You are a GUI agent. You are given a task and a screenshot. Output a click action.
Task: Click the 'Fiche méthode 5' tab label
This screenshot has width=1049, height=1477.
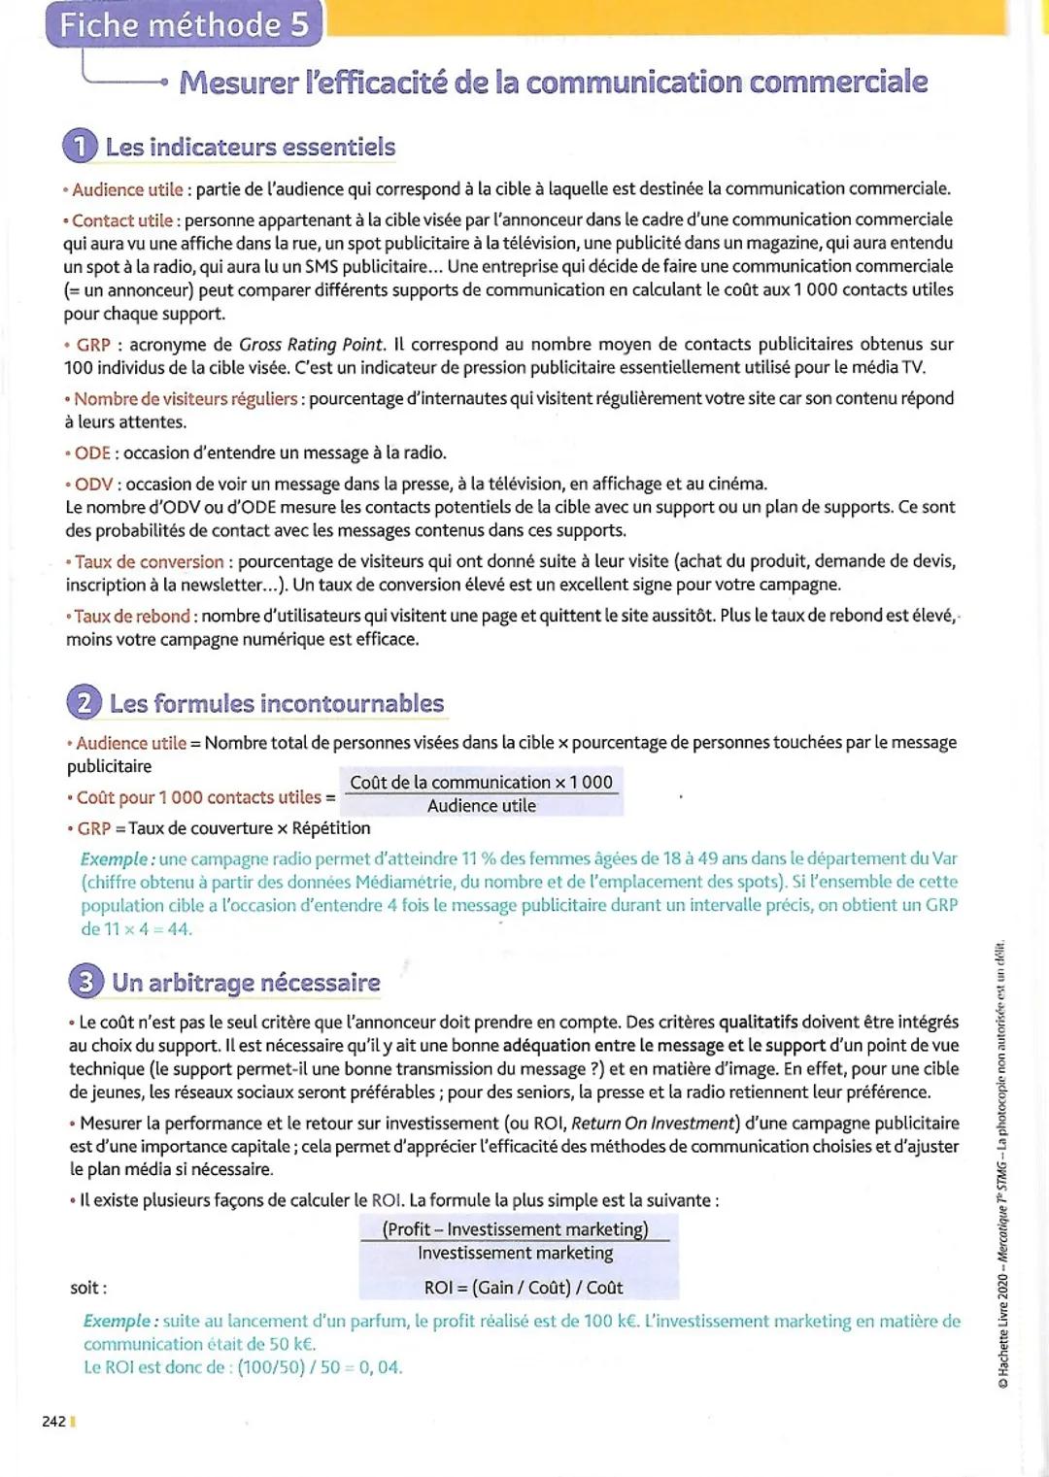pyautogui.click(x=184, y=24)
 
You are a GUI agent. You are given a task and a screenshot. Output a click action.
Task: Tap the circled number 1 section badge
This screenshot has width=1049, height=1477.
pyautogui.click(x=80, y=147)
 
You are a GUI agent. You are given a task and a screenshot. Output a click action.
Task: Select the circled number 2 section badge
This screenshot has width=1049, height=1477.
pyautogui.click(x=85, y=703)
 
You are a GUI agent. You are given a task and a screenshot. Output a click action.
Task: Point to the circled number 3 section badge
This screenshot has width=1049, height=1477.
pyautogui.click(x=86, y=982)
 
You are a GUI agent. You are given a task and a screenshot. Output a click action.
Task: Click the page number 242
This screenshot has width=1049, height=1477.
pyautogui.click(x=54, y=1422)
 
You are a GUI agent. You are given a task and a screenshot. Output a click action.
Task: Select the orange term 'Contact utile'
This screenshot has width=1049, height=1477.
pyautogui.click(x=122, y=220)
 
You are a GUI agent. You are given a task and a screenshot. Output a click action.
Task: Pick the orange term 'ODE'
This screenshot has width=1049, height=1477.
pyautogui.click(x=92, y=453)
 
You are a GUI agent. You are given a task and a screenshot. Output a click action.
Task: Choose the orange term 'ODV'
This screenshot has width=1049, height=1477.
pyautogui.click(x=93, y=485)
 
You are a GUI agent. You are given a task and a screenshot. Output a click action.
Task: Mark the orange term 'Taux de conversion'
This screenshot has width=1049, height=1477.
pyautogui.click(x=150, y=562)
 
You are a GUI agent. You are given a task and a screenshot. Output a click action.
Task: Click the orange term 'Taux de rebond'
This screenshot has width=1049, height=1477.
pyautogui.click(x=132, y=617)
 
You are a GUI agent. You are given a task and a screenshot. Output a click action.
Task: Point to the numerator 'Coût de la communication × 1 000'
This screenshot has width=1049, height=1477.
pyautogui.click(x=481, y=783)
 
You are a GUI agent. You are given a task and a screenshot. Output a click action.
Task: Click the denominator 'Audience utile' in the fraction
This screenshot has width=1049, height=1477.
pyautogui.click(x=482, y=806)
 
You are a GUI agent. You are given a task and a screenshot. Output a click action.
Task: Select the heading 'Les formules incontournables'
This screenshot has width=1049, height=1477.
pyautogui.click(x=277, y=703)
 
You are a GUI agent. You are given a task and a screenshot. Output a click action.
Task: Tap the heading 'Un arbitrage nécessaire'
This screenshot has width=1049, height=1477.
pyautogui.click(x=246, y=983)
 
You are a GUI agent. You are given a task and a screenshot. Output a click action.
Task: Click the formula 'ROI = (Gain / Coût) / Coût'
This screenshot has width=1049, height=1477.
pyautogui.click(x=524, y=1288)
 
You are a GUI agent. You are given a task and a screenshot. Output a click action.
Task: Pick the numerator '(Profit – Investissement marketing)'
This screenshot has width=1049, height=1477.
pyautogui.click(x=516, y=1229)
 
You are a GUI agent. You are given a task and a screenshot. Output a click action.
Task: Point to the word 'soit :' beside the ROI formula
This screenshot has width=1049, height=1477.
pyautogui.click(x=88, y=1289)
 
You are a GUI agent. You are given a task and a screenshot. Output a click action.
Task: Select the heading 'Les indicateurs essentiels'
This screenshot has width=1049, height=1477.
pyautogui.click(x=251, y=148)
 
